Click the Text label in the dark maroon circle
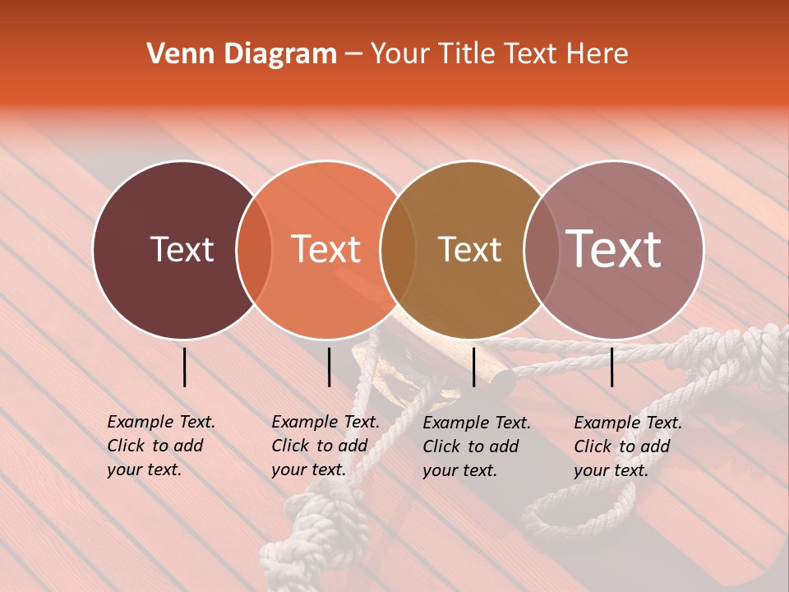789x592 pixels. click(182, 249)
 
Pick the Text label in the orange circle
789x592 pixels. click(326, 249)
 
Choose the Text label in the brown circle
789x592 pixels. click(469, 249)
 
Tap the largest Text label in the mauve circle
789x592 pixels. click(614, 249)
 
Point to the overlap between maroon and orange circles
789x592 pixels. click(254, 250)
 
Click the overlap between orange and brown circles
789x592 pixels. click(398, 250)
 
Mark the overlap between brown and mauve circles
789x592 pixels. click(539, 250)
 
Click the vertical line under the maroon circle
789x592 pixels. click(184, 367)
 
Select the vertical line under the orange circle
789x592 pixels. click(329, 367)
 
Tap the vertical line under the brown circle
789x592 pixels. click(474, 367)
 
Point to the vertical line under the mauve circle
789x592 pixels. click(612, 367)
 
